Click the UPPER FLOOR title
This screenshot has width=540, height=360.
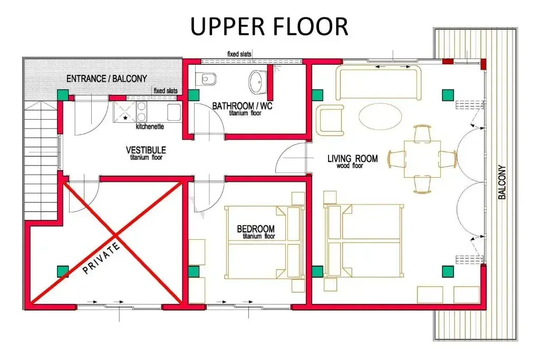[269, 27]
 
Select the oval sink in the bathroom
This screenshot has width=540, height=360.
[257, 82]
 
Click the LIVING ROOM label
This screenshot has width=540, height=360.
[352, 159]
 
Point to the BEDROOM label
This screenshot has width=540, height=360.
[256, 229]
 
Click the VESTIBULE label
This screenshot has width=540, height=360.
[146, 150]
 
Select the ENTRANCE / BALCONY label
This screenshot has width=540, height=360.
[107, 79]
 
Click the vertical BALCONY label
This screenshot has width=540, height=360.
[502, 182]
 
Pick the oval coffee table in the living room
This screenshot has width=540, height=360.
[380, 116]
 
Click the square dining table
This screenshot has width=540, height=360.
[422, 159]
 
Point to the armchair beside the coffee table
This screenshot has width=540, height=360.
[330, 120]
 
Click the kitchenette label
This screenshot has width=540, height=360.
[150, 127]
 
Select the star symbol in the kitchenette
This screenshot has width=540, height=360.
[125, 118]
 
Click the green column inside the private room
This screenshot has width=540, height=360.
[62, 271]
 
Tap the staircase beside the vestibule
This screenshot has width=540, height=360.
[41, 160]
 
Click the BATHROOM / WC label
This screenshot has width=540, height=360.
[242, 105]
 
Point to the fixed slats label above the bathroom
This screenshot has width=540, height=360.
[239, 54]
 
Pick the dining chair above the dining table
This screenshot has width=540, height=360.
[422, 133]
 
